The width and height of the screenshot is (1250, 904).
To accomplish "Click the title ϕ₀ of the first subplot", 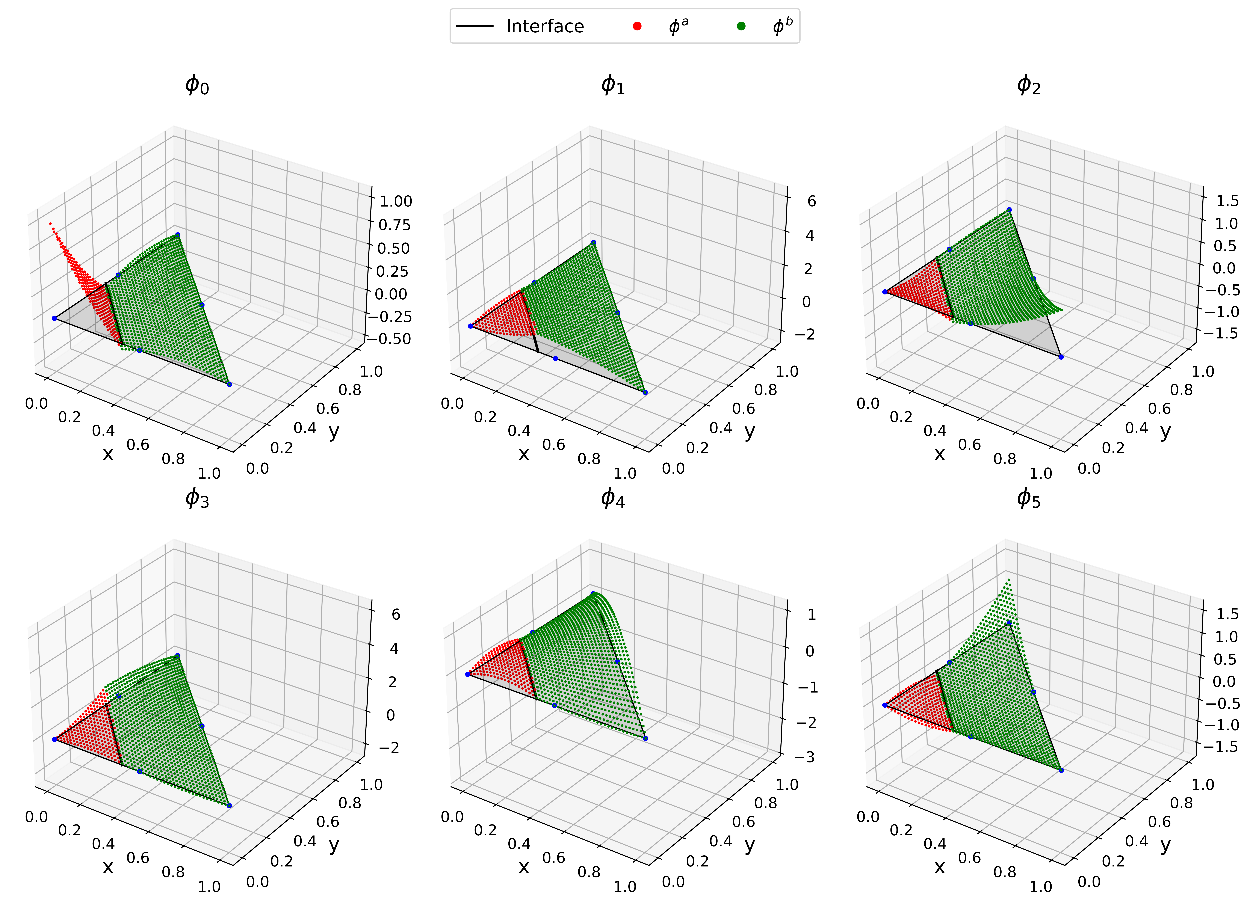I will [197, 85].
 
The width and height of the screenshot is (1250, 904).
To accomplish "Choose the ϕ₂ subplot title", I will [1028, 85].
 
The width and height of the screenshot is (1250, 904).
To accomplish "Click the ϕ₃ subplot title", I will [197, 498].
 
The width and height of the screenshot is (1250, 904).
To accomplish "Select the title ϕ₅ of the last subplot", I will [1028, 498].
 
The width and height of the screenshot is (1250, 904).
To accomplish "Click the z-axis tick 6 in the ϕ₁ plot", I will [811, 201].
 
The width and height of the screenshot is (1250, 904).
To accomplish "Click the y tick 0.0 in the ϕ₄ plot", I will [673, 882].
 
